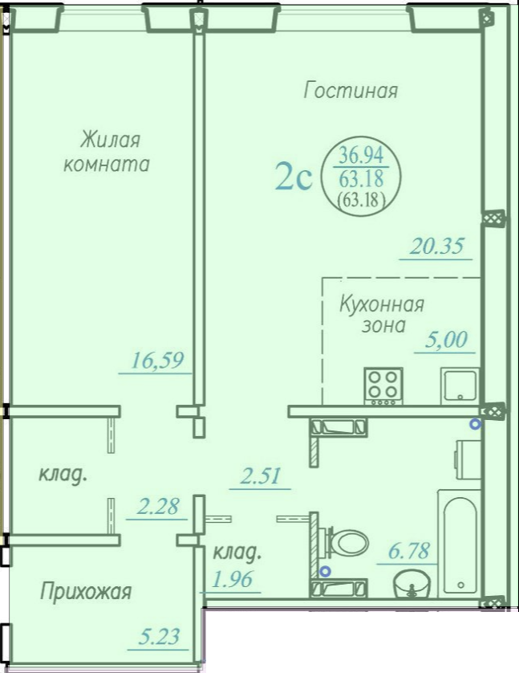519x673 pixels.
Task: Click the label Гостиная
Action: (351, 91)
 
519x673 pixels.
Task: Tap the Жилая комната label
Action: (107, 153)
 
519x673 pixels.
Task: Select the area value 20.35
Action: (436, 247)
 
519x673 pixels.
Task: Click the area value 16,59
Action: (157, 360)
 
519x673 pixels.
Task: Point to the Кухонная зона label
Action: (382, 315)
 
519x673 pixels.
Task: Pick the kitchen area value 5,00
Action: (446, 340)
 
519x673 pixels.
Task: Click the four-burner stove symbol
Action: (383, 385)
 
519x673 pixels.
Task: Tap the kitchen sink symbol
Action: (460, 385)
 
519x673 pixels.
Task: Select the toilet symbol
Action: (347, 542)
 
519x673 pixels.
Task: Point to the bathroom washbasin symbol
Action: (411, 583)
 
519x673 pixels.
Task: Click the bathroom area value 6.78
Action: (409, 551)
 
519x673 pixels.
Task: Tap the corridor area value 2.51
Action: (261, 476)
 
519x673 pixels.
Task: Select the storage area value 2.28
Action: (157, 507)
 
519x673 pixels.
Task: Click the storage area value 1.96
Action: (233, 579)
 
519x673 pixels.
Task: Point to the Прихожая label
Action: (86, 593)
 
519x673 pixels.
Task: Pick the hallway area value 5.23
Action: (159, 637)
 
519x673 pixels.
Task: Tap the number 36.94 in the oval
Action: (361, 155)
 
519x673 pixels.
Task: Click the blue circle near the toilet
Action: (326, 571)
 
